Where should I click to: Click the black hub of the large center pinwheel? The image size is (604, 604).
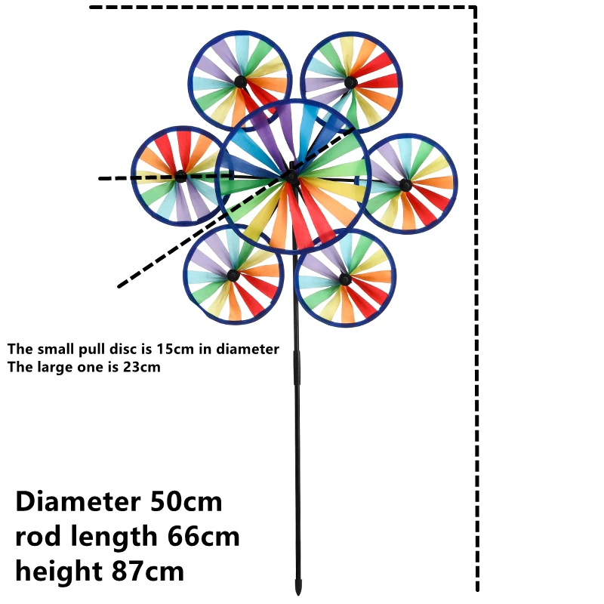pyautogui.click(x=291, y=177)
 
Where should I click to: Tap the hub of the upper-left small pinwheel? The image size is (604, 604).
pyautogui.click(x=239, y=81)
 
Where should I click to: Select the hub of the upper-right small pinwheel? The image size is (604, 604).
pyautogui.click(x=350, y=82)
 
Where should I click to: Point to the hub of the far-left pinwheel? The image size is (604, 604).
pyautogui.click(x=180, y=176)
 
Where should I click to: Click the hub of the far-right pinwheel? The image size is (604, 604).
pyautogui.click(x=405, y=185)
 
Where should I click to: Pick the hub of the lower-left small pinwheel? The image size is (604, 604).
pyautogui.click(x=233, y=276)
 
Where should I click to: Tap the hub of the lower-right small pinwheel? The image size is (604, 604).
pyautogui.click(x=345, y=279)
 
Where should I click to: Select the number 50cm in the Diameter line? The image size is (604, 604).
pyautogui.click(x=186, y=501)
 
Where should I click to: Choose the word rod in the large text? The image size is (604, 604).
pyautogui.click(x=34, y=537)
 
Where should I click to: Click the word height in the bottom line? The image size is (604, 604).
pyautogui.click(x=55, y=572)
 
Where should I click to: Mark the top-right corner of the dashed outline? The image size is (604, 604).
pyautogui.click(x=475, y=8)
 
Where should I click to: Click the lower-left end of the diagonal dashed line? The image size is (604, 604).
pyautogui.click(x=119, y=287)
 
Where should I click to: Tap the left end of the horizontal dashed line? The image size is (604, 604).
pyautogui.click(x=101, y=179)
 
